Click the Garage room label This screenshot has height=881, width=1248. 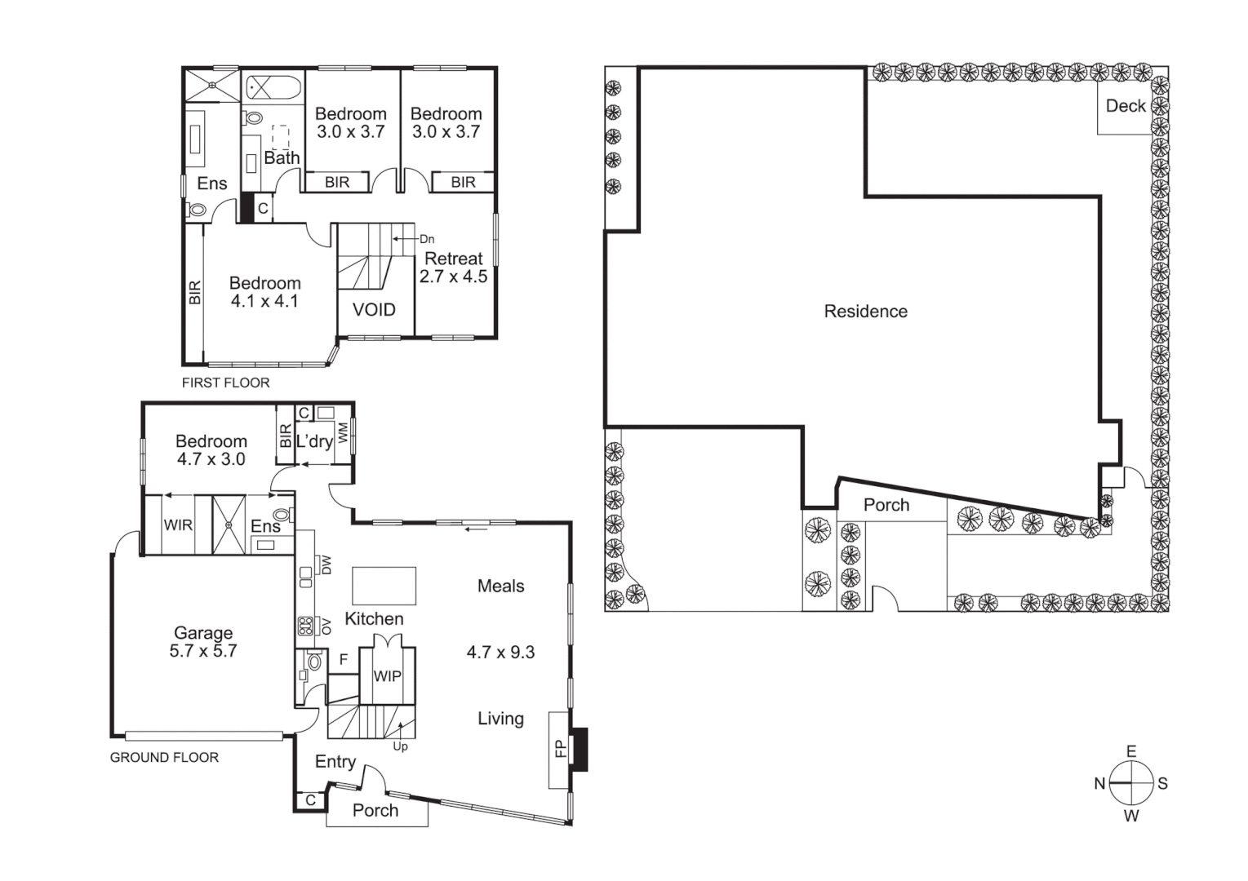pyautogui.click(x=203, y=632)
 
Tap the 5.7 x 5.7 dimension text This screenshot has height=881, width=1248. pyautogui.click(x=203, y=651)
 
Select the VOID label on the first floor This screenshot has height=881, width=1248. pyautogui.click(x=374, y=310)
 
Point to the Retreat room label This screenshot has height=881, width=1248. pyautogui.click(x=454, y=259)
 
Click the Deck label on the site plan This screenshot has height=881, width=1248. pyautogui.click(x=1126, y=106)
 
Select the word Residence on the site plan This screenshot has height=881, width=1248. pyautogui.click(x=865, y=312)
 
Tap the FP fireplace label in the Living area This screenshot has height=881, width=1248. pyautogui.click(x=560, y=748)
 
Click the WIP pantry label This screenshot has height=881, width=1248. pyautogui.click(x=387, y=676)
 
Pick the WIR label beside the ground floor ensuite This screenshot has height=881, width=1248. pyautogui.click(x=178, y=525)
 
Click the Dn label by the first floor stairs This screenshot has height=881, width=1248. pyautogui.click(x=427, y=239)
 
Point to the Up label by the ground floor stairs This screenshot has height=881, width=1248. pyautogui.click(x=400, y=746)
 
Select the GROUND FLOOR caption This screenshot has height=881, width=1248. pyautogui.click(x=164, y=758)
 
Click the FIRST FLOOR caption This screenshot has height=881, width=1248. pyautogui.click(x=225, y=383)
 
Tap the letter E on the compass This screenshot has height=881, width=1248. pyautogui.click(x=1131, y=751)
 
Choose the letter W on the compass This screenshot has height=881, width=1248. pyautogui.click(x=1131, y=816)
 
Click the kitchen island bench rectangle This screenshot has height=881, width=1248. pyautogui.click(x=384, y=586)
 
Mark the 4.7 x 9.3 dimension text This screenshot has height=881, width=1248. pyautogui.click(x=500, y=653)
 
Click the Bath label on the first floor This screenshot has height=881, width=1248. pyautogui.click(x=282, y=158)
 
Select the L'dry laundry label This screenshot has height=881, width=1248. pyautogui.click(x=313, y=441)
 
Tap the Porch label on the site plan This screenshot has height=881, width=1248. pyautogui.click(x=886, y=505)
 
